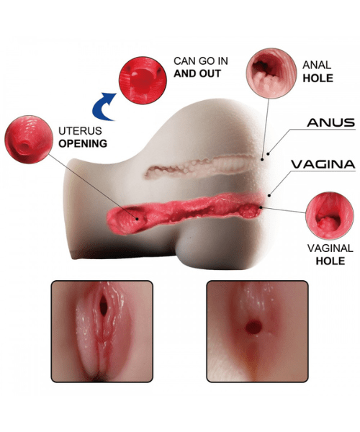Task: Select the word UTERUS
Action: (x=80, y=131)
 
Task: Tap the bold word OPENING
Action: (x=83, y=143)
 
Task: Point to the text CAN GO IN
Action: (x=201, y=61)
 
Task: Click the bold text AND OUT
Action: (x=197, y=73)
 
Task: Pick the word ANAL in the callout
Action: (x=317, y=65)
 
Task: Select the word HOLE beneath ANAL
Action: (x=318, y=78)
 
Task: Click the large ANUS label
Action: (x=330, y=122)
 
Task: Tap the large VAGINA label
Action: (x=323, y=164)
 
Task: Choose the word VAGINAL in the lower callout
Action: (x=330, y=248)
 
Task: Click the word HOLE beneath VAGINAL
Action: (x=330, y=261)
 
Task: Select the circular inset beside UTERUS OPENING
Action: (x=29, y=140)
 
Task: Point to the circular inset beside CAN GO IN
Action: (x=143, y=81)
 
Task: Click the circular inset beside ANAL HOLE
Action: (x=271, y=73)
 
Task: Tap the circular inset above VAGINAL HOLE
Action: (x=330, y=216)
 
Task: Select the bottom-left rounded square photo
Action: (x=102, y=331)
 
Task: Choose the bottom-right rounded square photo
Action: (x=257, y=331)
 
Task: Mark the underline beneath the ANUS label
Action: (x=323, y=129)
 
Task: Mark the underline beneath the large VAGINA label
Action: (x=323, y=171)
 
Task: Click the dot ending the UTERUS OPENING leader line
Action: (x=137, y=219)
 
